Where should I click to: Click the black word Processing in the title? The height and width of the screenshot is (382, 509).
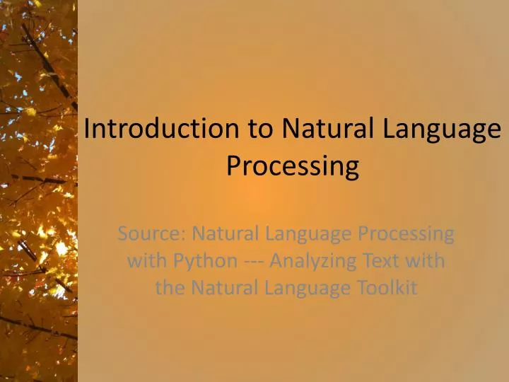(x=293, y=167)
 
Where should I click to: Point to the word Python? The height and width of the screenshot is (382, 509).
(x=206, y=262)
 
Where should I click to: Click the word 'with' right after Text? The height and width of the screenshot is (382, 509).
(x=428, y=260)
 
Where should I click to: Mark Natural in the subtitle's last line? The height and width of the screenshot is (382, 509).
(x=221, y=288)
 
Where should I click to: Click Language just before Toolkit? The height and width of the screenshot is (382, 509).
(x=307, y=289)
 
